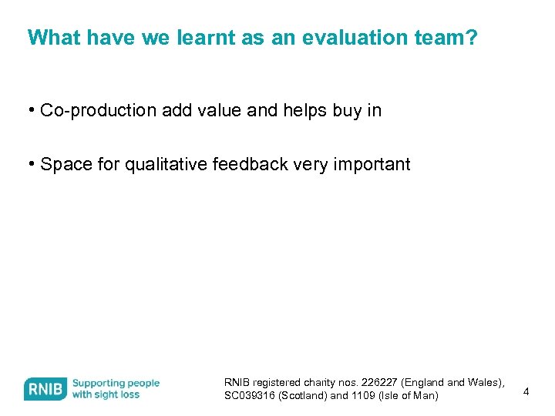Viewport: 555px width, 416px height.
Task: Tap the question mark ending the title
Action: (x=472, y=38)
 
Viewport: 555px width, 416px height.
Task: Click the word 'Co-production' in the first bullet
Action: (x=98, y=111)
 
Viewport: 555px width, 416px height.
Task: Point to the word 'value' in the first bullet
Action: (x=220, y=111)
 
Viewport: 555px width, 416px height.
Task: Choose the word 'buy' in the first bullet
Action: (x=348, y=111)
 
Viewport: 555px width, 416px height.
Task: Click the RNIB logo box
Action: (x=45, y=389)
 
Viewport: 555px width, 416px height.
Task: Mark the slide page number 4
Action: (x=526, y=392)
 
